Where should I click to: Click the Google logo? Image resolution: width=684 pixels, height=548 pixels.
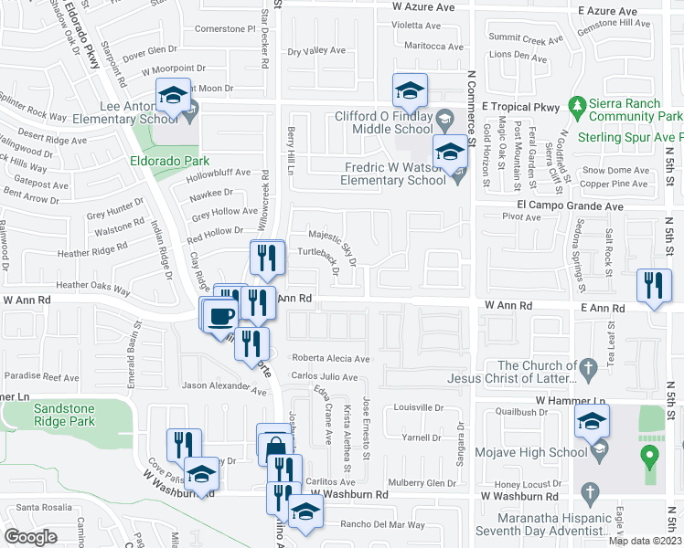(x=30, y=536)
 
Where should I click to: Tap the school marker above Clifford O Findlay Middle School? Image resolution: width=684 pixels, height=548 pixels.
(x=410, y=90)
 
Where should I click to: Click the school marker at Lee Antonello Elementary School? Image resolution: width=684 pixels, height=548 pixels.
(x=171, y=94)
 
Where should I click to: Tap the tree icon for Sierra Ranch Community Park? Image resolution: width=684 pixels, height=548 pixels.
(x=576, y=109)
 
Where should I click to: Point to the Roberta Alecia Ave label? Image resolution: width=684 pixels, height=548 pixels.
(x=330, y=359)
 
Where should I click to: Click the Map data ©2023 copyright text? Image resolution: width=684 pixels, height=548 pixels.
(x=645, y=541)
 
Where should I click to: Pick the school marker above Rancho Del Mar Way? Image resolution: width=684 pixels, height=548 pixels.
(x=305, y=511)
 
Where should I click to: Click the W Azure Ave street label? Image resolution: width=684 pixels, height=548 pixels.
(x=423, y=7)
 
